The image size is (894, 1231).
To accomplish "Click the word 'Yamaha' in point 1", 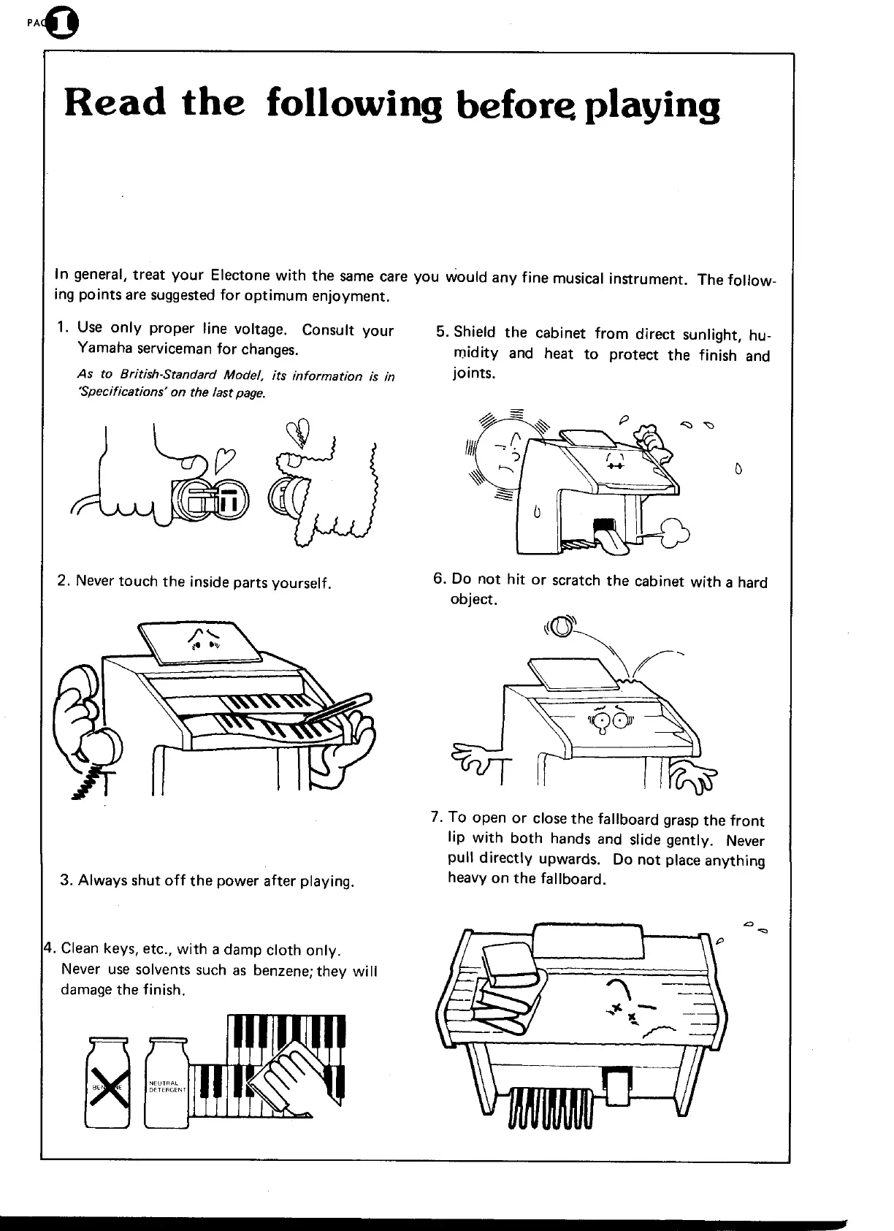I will tap(101, 349).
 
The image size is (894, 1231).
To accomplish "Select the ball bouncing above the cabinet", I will tap(561, 628).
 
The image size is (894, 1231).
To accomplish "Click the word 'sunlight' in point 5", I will tap(711, 335).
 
